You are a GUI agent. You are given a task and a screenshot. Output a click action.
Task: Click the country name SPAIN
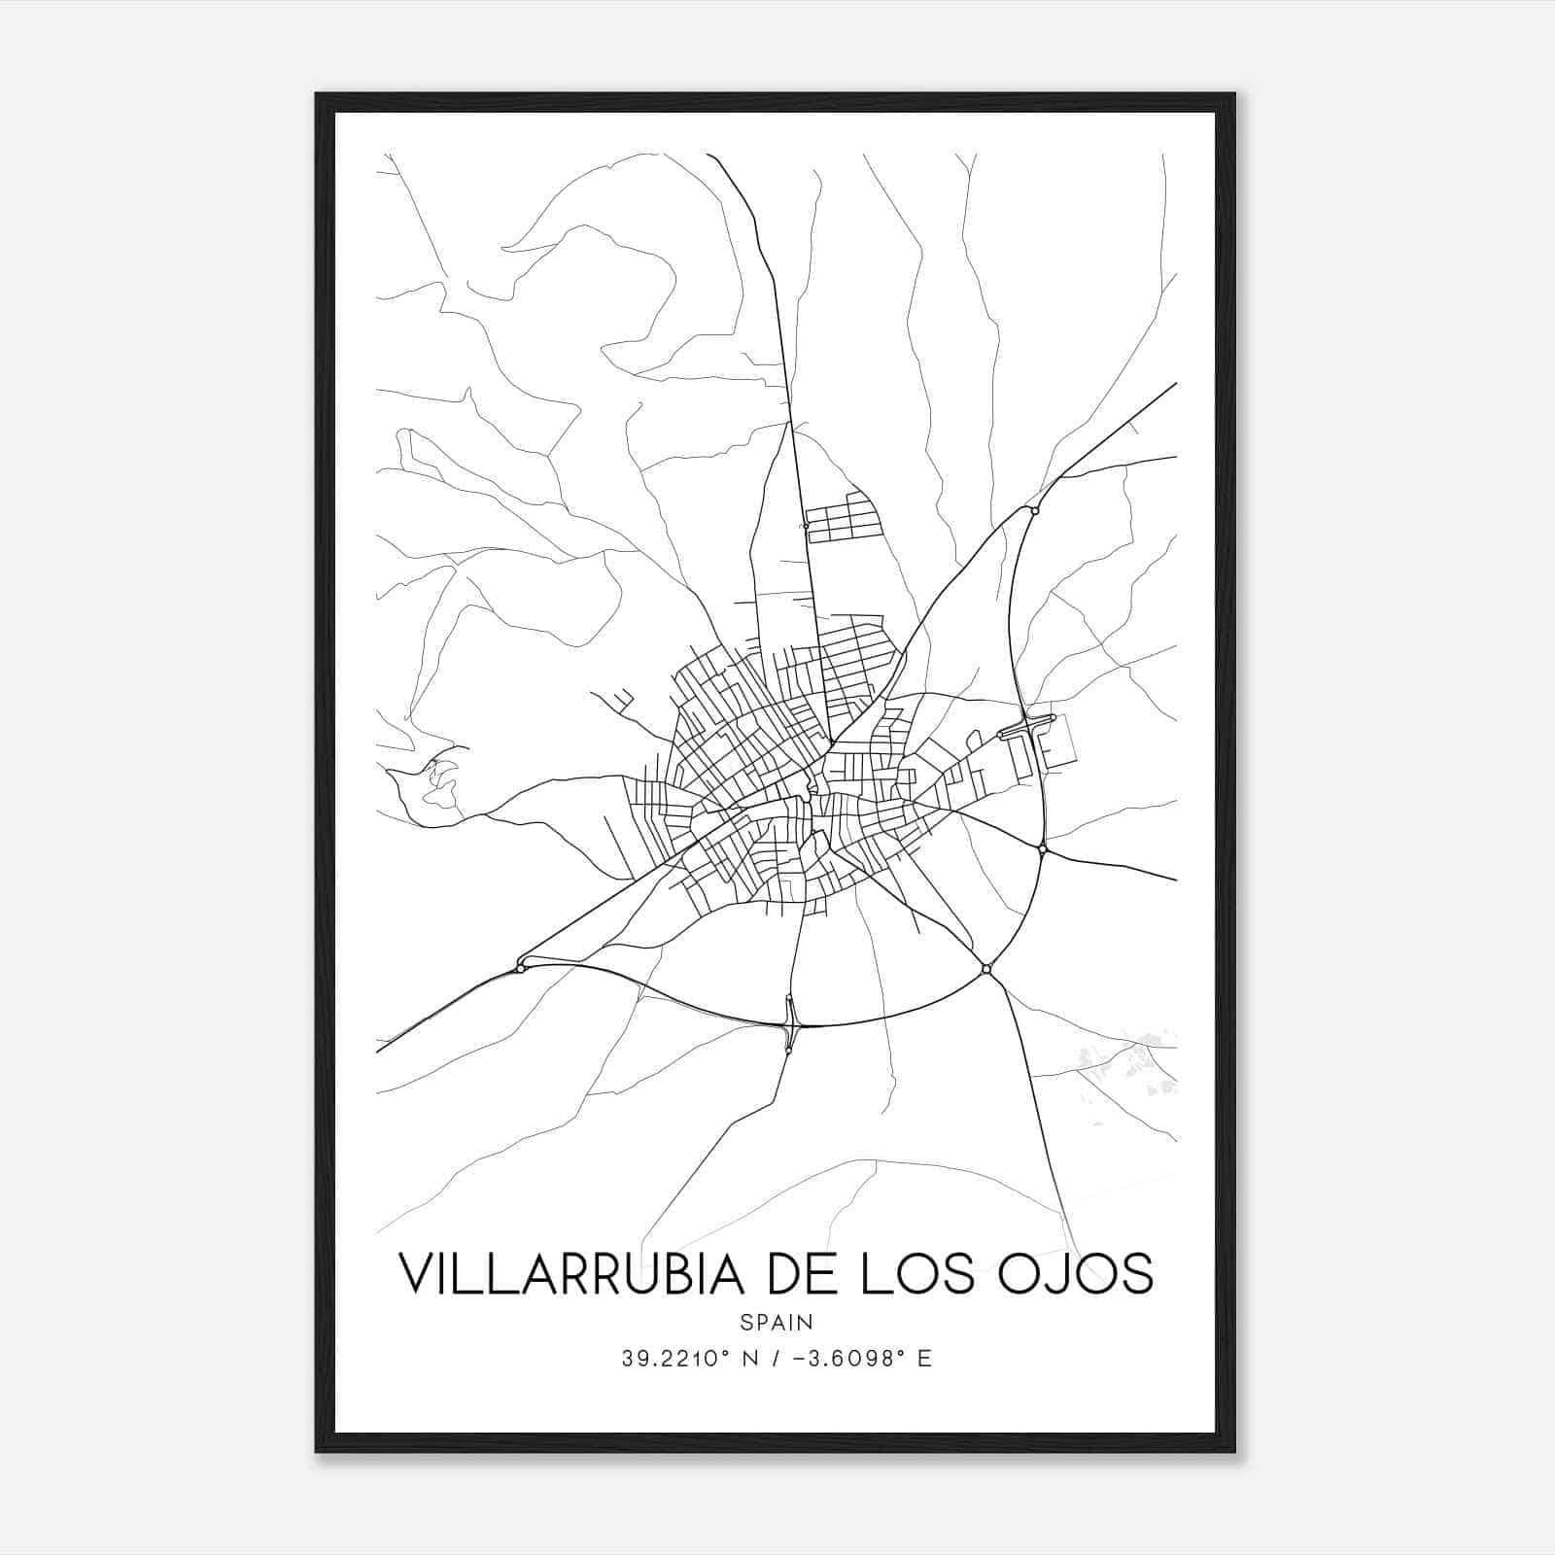(x=777, y=1322)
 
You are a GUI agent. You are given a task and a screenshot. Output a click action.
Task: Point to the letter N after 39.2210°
(x=748, y=1359)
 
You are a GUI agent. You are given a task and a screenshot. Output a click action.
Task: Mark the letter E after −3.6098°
(x=924, y=1359)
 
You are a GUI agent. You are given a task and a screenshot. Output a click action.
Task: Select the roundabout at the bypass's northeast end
(x=1035, y=510)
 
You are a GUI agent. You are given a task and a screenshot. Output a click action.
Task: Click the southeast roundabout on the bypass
(x=986, y=968)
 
